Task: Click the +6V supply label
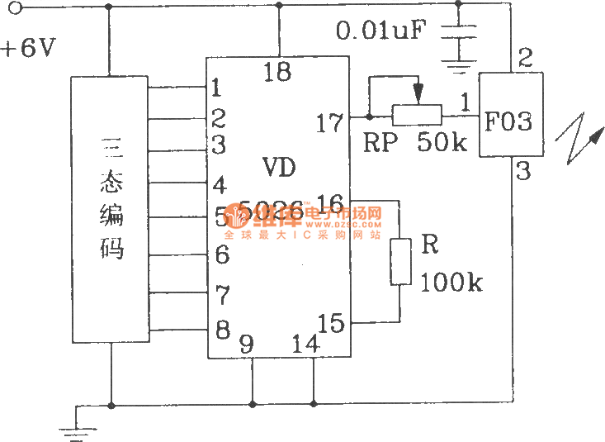coord(28,47)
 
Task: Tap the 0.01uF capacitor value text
coord(381,32)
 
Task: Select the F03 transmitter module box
coord(511,114)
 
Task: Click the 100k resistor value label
coord(451,283)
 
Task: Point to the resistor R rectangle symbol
coord(400,261)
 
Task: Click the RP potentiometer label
coord(380,142)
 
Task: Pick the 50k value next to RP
coord(442,142)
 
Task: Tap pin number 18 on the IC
coord(277,73)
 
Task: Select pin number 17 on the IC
coord(329,123)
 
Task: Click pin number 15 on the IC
coord(330,323)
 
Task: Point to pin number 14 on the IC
coord(306,344)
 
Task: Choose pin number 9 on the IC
coord(246,344)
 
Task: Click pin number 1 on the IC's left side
coord(216,87)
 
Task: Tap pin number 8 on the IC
coord(222,330)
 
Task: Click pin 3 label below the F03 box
coord(523,172)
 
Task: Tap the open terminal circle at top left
coord(12,7)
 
